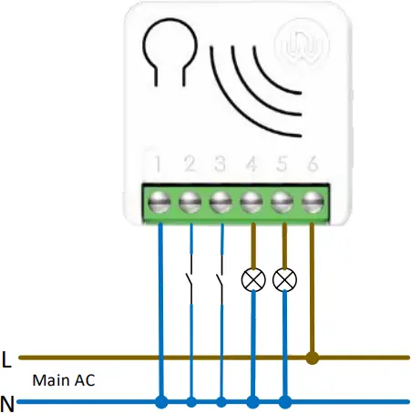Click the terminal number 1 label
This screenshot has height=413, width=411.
[x=159, y=166]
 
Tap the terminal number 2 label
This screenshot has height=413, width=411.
[x=190, y=166]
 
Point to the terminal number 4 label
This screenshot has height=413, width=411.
[x=252, y=166]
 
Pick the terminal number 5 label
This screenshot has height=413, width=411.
[x=283, y=166]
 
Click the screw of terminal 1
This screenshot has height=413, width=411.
[x=160, y=200]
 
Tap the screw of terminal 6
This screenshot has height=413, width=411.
[x=313, y=200]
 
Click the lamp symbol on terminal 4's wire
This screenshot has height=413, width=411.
[x=253, y=279]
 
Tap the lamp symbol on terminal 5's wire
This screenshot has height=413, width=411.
[x=284, y=279]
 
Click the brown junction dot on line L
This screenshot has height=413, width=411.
[x=313, y=358]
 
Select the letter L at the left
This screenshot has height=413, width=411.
[x=7, y=359]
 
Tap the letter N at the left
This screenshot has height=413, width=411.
[x=8, y=401]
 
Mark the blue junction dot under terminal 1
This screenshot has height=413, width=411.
[x=160, y=401]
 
